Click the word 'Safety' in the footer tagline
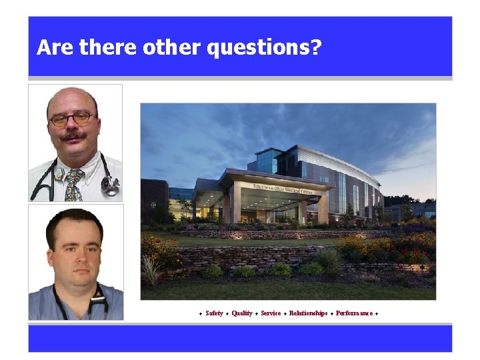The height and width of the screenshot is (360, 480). pos(214,313)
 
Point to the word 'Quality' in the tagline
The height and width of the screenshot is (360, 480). pos(242,313)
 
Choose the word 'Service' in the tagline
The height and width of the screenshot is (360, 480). pos(271,313)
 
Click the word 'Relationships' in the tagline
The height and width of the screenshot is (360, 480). pos(308,313)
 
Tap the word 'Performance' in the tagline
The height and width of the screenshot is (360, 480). pos(355,313)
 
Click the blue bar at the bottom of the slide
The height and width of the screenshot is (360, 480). pos(240,338)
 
